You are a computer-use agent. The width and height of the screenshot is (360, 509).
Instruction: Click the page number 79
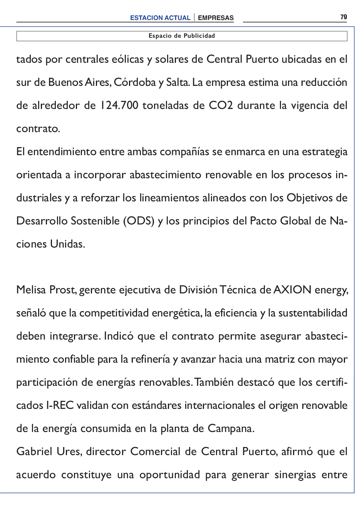(x=343, y=17)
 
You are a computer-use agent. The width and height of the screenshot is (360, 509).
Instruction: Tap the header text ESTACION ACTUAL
(x=160, y=18)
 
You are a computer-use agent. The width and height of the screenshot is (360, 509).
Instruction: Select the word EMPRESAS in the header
(x=216, y=18)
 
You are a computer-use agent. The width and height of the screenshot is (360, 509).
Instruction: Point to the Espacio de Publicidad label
(x=182, y=36)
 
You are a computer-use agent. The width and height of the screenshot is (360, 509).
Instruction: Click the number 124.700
(x=119, y=105)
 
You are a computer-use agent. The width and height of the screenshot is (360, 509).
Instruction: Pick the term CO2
(x=221, y=105)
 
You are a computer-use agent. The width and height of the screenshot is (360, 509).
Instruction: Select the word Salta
(x=177, y=82)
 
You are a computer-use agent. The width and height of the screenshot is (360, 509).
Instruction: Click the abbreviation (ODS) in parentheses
(x=139, y=221)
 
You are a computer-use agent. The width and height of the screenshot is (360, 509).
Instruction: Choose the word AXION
(x=292, y=290)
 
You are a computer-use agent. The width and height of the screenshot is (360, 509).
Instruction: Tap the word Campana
(x=231, y=428)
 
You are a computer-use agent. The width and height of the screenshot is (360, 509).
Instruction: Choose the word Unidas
(x=67, y=244)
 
